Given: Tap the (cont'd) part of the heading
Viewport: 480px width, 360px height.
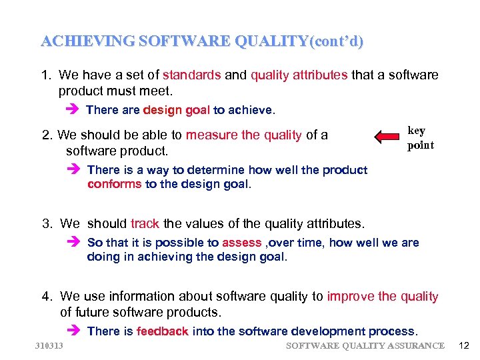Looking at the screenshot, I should coord(337,41).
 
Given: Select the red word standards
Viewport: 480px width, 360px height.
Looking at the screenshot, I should coord(191,75).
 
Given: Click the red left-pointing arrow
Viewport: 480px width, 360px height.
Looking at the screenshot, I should coord(387,137).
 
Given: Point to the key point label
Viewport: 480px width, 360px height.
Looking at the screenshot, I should coord(420,138).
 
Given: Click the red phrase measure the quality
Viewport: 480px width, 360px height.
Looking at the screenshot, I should coord(244,135).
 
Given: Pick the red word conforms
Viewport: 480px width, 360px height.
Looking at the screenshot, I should coord(114,184).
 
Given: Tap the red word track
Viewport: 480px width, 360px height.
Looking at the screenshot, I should coord(145,224).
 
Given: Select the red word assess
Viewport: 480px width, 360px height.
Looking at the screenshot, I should coord(241,243).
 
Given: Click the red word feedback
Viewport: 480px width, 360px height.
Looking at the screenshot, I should coord(163,331).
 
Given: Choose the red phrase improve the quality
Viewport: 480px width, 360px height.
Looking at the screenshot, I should coord(383,297).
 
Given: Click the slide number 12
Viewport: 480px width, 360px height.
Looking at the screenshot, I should coord(464,345).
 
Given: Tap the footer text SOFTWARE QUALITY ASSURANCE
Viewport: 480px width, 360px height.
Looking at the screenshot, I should coord(365,345).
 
